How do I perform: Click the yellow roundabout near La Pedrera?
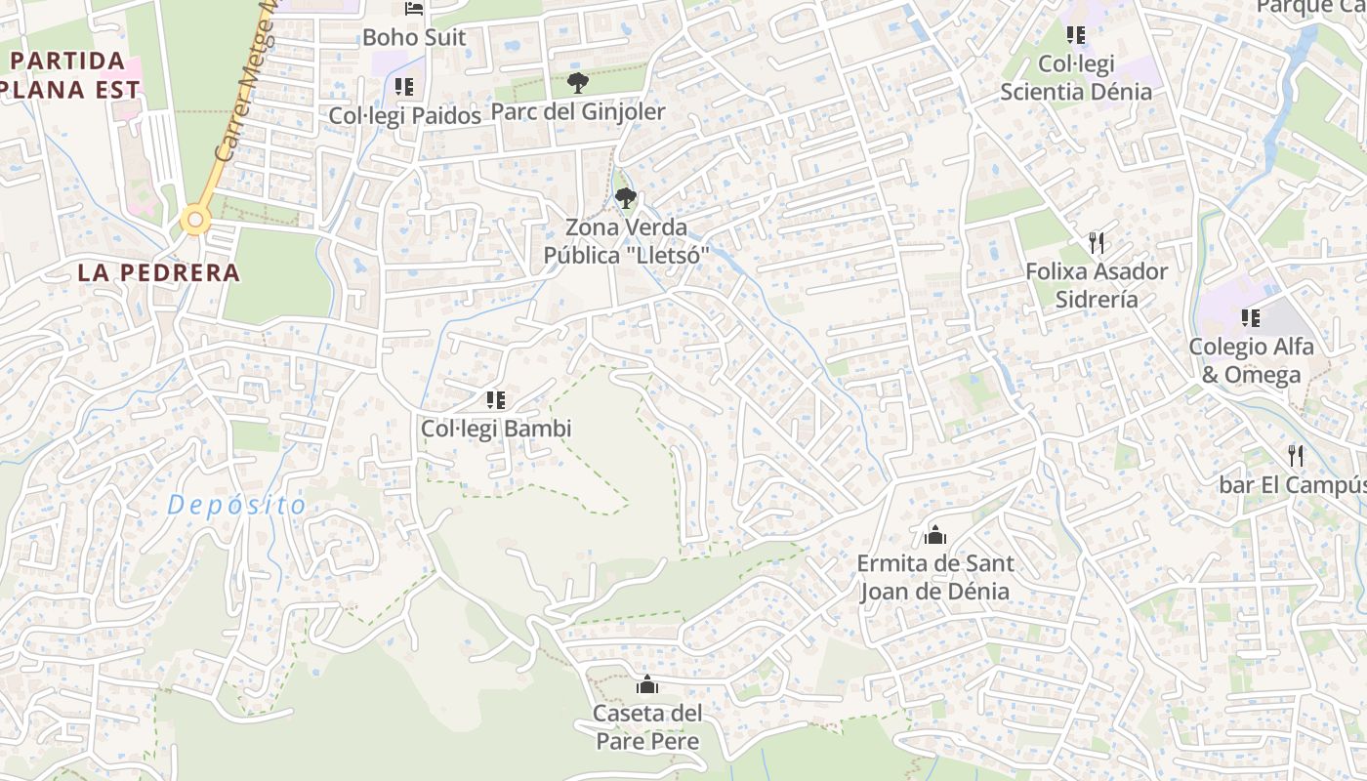[195, 222]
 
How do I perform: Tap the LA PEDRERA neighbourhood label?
[158, 273]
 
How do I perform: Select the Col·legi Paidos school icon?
[404, 87]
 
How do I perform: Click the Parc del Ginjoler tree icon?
[577, 82]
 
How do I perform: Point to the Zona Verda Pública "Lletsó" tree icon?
[626, 198]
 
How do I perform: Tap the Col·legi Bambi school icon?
[495, 399]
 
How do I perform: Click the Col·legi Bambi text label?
[495, 429]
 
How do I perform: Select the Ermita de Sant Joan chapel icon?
[934, 535]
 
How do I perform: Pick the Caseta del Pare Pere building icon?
[646, 684]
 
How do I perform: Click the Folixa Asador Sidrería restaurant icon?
[1097, 242]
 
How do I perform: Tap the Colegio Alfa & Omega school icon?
[1250, 317]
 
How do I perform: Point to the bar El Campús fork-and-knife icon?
[1296, 455]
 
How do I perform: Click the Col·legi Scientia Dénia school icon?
[1076, 35]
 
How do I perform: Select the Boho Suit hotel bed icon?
[414, 9]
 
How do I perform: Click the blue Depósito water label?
[236, 506]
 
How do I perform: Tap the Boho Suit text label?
[414, 38]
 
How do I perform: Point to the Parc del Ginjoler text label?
[577, 111]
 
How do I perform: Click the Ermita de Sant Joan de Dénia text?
[934, 577]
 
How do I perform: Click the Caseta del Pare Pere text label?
[646, 726]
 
